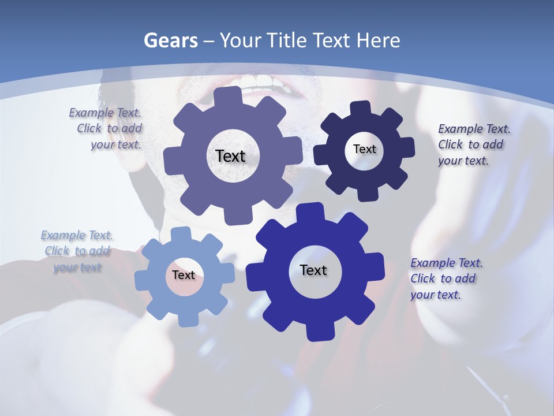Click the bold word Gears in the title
click(170, 40)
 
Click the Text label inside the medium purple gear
click(230, 156)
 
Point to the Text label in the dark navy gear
click(364, 149)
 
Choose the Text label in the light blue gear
click(184, 275)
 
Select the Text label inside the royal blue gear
click(313, 270)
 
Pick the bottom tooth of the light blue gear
click(186, 319)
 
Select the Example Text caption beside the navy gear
click(471, 144)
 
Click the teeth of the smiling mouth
click(263, 81)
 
